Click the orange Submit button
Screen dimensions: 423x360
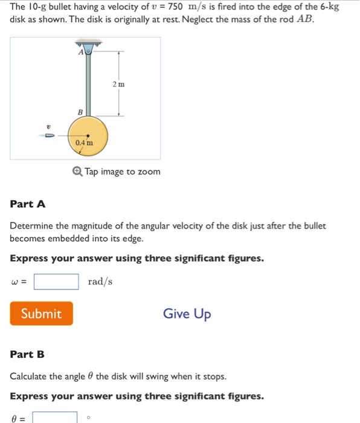coord(41,314)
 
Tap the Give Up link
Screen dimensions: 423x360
coord(187,314)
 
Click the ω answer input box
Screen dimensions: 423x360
coord(56,282)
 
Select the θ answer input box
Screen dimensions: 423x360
coord(55,418)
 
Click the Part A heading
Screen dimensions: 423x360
coord(28,204)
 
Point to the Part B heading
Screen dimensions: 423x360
coord(27,354)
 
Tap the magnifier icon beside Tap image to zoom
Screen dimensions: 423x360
coord(77,172)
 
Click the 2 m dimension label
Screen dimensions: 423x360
coord(118,84)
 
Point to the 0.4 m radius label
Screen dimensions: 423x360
coord(85,143)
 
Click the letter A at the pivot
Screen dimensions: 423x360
coord(81,52)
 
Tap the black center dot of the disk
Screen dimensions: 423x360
coord(88,137)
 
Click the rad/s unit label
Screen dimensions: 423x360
coord(100,282)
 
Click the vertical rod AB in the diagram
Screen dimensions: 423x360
coord(88,85)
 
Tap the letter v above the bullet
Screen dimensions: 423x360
coord(48,126)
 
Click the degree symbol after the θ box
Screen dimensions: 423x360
coord(89,416)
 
